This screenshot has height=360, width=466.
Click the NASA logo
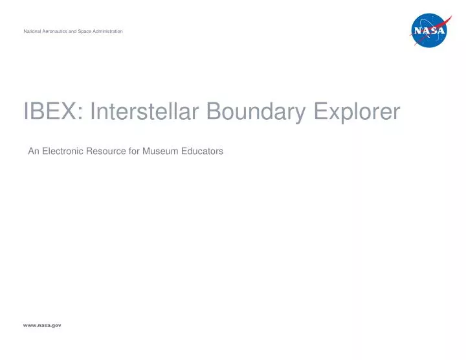pos(430,30)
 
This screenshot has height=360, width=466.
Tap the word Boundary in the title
pos(256,113)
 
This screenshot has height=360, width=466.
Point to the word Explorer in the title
pos(357,113)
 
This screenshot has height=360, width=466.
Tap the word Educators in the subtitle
pos(203,151)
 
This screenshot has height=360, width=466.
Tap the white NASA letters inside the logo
pos(430,30)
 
